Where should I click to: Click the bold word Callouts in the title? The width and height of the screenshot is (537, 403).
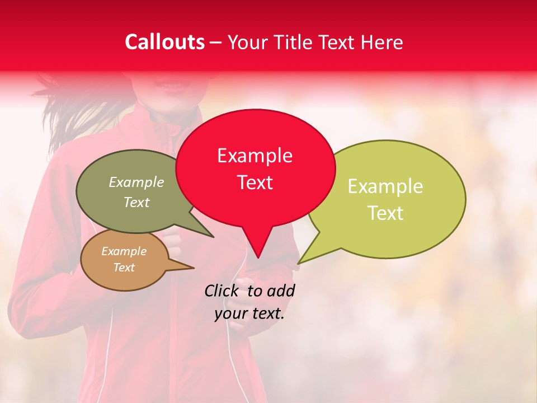164,42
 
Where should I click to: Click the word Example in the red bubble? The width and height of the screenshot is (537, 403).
255,156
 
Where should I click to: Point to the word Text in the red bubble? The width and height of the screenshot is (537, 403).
255,182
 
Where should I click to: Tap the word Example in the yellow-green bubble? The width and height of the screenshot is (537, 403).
385,186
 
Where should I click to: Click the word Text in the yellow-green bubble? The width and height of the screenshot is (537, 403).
385,213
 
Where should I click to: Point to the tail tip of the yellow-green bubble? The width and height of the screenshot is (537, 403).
300,262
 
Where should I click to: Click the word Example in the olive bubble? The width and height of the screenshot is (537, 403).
136,182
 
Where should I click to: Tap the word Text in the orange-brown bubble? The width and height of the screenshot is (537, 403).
124,268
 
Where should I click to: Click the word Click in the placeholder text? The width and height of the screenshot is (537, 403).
222,290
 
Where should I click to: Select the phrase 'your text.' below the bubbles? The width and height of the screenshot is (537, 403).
249,313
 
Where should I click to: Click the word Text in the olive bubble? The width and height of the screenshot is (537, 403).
136,203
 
